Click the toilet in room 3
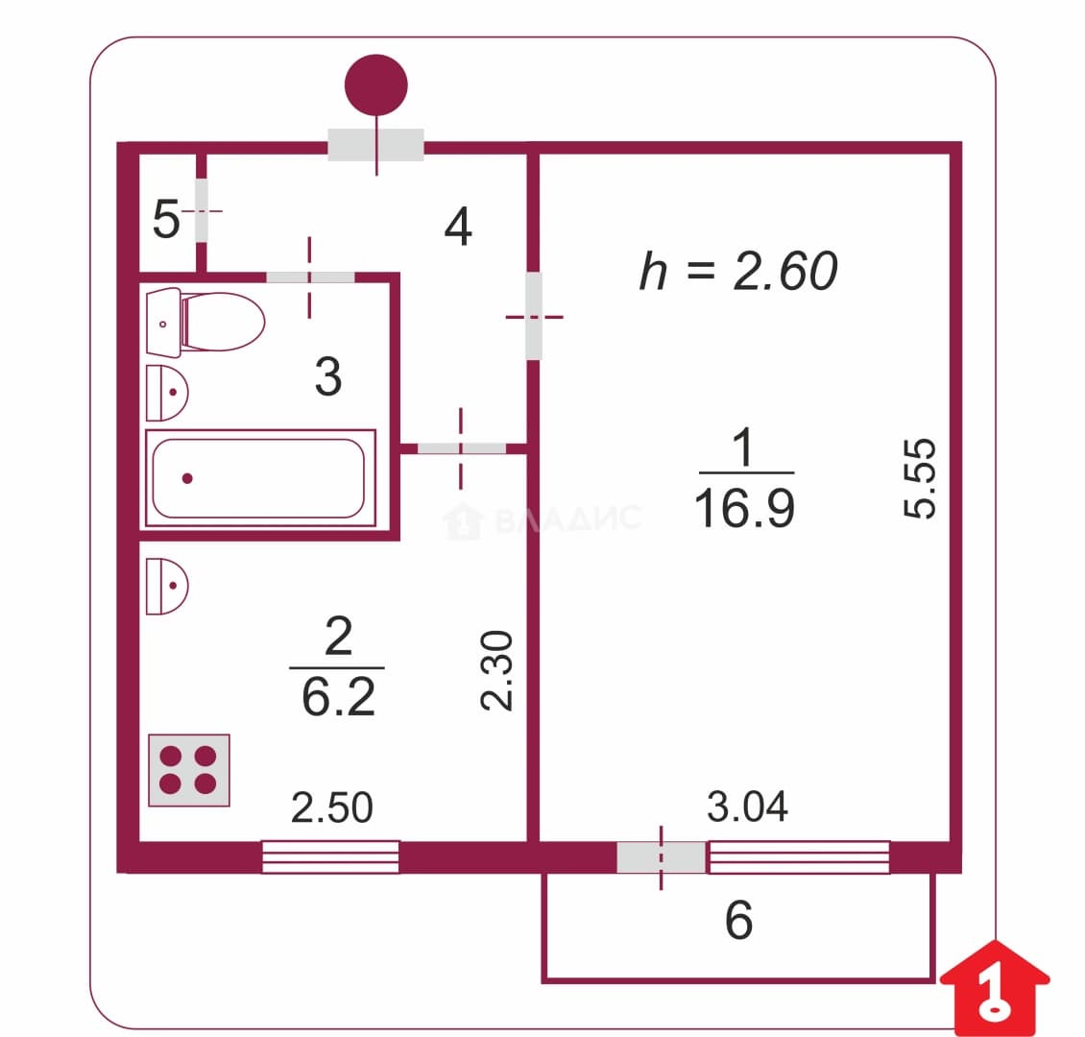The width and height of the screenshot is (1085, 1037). point(205,322)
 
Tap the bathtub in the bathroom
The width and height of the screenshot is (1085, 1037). point(260,478)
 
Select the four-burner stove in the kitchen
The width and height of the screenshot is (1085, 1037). point(189,770)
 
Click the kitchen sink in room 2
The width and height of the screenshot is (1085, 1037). point(167,586)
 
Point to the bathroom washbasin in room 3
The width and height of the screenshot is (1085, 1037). point(167,393)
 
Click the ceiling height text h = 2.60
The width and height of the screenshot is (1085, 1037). point(738,271)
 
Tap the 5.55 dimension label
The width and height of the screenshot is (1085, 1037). point(920,478)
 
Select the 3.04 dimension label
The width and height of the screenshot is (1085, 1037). point(747,807)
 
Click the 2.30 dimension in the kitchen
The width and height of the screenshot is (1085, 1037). point(496,670)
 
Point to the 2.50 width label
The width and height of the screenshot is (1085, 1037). point(332,808)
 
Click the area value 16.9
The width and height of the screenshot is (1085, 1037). point(744,509)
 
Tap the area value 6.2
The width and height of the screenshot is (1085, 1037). point(338,697)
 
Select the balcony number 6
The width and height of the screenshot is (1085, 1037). point(739,920)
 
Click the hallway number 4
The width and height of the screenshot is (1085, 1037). point(458,227)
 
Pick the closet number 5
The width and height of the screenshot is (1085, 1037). point(166,219)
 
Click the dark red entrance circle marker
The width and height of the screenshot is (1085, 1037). point(375,85)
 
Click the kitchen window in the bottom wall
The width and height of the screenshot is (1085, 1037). point(330,856)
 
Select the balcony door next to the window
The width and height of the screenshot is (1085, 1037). point(661,857)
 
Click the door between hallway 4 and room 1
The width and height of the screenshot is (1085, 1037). point(534,316)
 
